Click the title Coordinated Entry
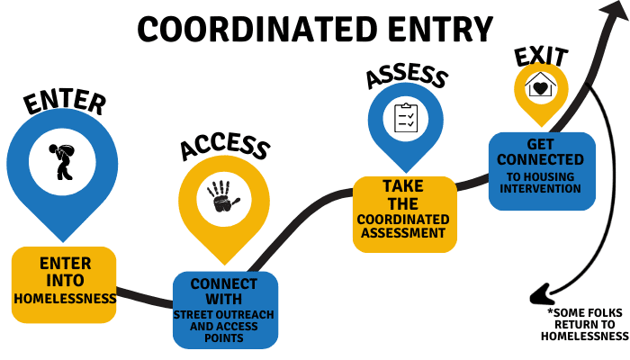pos(315,30)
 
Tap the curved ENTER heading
pos(66,100)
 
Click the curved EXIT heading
pos(540,55)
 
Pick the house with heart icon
pos(541,87)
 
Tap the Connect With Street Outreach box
pos(225,310)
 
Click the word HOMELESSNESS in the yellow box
pos(65,298)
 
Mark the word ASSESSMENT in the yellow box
pos(404,233)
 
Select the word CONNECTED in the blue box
pos(542,160)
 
